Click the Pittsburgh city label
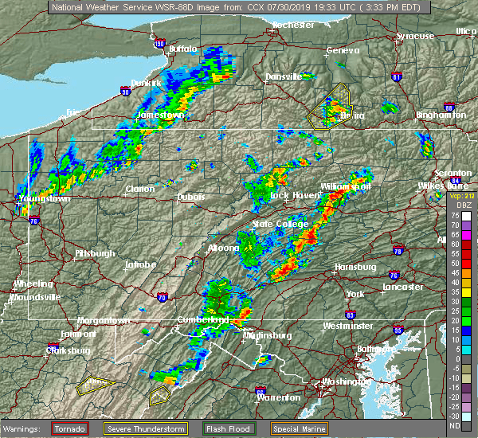95,253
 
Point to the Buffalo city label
182,49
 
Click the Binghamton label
441,115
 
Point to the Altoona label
223,248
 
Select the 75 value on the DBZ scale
455,215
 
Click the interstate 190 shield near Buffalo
159,42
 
